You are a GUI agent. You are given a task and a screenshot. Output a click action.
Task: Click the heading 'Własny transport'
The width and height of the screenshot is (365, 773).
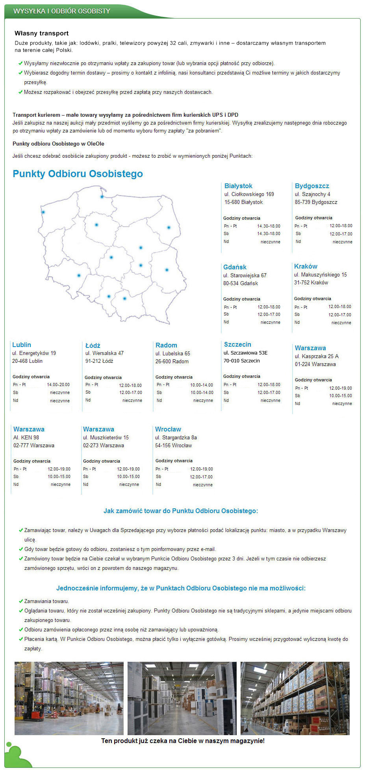(42, 34)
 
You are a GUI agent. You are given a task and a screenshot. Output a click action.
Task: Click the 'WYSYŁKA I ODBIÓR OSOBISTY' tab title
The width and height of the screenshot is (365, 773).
(62, 11)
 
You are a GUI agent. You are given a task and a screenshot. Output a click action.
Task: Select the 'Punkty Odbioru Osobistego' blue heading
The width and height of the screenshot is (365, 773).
(78, 174)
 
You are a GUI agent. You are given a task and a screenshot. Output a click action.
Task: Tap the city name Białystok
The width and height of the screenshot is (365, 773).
(238, 186)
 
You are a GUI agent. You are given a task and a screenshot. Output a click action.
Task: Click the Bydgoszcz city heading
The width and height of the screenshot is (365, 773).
(312, 186)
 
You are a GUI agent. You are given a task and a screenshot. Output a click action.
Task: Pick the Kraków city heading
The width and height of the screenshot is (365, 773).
(306, 266)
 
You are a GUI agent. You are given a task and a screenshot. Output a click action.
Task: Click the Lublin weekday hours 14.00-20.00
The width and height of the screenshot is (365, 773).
(58, 385)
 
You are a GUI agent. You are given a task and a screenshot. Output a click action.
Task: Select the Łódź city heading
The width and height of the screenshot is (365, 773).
(93, 345)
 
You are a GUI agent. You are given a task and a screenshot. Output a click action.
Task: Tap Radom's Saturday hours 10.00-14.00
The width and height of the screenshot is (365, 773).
(202, 392)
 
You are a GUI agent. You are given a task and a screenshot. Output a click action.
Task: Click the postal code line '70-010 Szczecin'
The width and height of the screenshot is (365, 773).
(241, 360)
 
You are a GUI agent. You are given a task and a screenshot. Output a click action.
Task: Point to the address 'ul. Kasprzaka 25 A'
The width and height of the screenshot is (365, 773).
(317, 356)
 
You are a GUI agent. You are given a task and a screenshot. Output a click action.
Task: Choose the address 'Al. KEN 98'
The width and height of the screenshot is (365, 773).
(26, 437)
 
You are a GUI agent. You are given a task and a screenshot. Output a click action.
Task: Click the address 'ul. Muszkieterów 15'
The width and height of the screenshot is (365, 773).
(106, 437)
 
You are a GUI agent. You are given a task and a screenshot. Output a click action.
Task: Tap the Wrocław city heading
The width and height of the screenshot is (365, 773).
(168, 429)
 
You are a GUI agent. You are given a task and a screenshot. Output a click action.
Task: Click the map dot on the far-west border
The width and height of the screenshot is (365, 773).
(43, 212)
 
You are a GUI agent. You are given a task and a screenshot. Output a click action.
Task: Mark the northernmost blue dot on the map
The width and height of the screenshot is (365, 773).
(102, 196)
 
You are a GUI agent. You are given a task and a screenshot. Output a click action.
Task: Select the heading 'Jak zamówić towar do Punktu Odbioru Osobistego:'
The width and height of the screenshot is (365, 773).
(181, 511)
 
